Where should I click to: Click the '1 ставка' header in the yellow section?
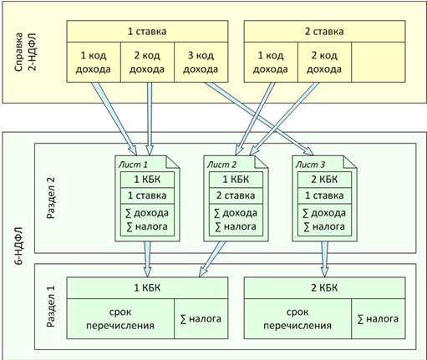[x=147, y=32]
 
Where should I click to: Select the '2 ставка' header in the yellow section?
[x=324, y=32]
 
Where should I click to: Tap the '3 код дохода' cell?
[x=201, y=63]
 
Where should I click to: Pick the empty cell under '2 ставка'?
[x=379, y=63]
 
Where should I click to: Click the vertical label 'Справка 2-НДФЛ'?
[x=25, y=52]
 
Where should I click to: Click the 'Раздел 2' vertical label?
[x=51, y=198]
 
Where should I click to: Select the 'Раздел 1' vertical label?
[x=51, y=307]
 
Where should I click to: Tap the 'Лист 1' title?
[x=133, y=165]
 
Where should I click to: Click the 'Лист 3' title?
[x=310, y=165]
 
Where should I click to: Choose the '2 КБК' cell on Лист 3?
[x=324, y=180]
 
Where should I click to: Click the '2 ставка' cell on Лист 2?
[x=236, y=195]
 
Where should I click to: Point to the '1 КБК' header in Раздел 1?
[x=147, y=288]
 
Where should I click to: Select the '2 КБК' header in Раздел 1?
[x=324, y=288]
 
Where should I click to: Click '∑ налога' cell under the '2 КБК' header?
[x=379, y=319]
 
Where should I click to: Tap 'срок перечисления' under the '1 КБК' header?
[x=120, y=319]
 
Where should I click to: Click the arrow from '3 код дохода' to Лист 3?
[x=259, y=119]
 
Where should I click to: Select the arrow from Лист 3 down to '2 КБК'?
[x=324, y=259]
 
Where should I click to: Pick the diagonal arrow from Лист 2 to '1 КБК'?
[x=212, y=259]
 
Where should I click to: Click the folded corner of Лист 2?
[x=262, y=162]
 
